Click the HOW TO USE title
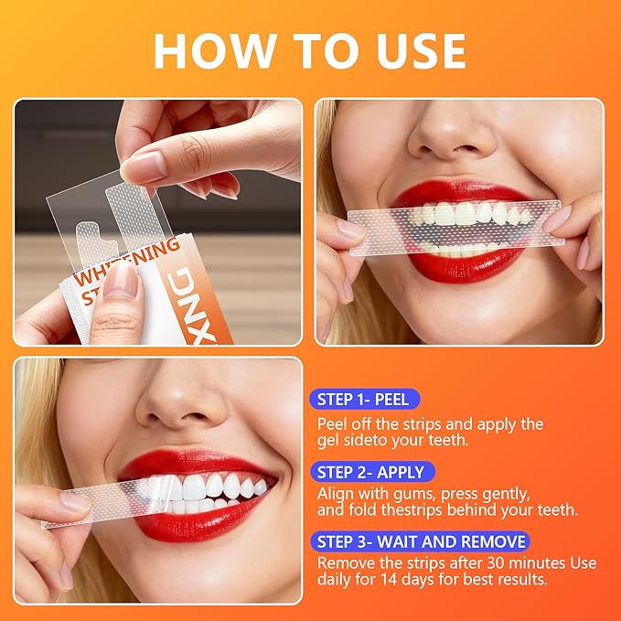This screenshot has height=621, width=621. tap(309, 51)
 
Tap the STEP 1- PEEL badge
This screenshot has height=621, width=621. tap(364, 399)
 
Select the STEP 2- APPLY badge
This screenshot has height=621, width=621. tap(369, 472)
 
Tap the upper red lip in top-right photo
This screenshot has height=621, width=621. tap(457, 194)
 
